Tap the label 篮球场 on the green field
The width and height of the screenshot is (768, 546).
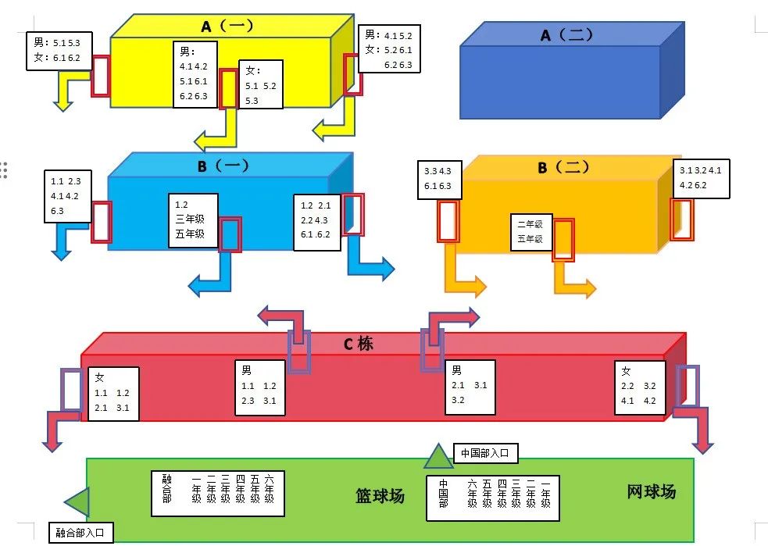click(380, 496)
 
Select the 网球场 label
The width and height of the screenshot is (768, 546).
click(651, 492)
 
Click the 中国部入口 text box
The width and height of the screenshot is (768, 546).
click(484, 452)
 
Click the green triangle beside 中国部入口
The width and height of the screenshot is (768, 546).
click(438, 456)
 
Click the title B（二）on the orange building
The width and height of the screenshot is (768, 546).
click(564, 168)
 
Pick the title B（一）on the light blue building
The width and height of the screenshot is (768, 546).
click(222, 166)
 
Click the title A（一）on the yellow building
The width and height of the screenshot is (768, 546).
click(227, 27)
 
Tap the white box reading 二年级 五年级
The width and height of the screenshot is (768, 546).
click(531, 232)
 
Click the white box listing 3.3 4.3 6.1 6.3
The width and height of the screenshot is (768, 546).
click(441, 179)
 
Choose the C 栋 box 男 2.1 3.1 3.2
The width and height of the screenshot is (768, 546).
click(469, 387)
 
